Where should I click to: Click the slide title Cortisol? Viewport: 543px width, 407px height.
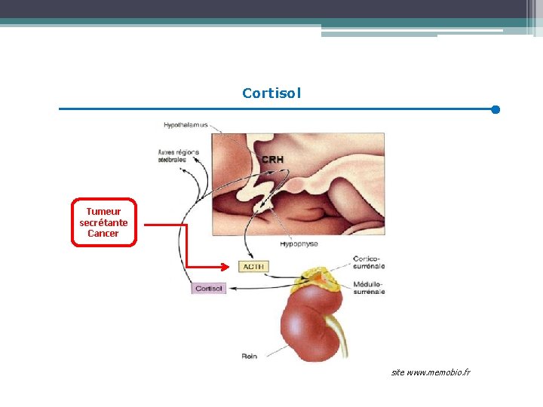(x=271, y=93)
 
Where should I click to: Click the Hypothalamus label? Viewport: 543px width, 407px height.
(x=186, y=124)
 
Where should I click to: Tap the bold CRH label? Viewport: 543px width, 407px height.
(x=272, y=159)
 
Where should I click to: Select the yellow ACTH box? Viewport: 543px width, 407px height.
(x=253, y=266)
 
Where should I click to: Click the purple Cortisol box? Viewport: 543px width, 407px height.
(x=209, y=288)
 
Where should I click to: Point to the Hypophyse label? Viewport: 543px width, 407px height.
(x=298, y=243)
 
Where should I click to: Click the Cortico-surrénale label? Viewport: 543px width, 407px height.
(x=369, y=262)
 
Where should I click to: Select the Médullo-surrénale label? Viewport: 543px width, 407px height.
(x=369, y=287)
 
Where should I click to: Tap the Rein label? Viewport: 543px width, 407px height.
(x=250, y=356)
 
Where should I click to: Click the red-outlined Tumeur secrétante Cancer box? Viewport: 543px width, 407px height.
(x=104, y=222)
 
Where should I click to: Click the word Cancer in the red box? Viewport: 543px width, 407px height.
(x=103, y=234)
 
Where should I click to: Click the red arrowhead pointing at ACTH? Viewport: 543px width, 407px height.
(x=222, y=266)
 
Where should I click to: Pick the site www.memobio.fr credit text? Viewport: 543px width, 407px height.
(x=431, y=372)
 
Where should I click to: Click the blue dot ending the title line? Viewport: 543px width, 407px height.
(x=495, y=109)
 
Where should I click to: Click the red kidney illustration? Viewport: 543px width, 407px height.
(x=309, y=324)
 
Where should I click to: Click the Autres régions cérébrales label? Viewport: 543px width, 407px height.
(x=178, y=155)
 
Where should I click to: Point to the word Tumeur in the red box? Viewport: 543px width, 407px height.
(x=103, y=212)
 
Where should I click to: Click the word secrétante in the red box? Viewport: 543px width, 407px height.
(x=103, y=222)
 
